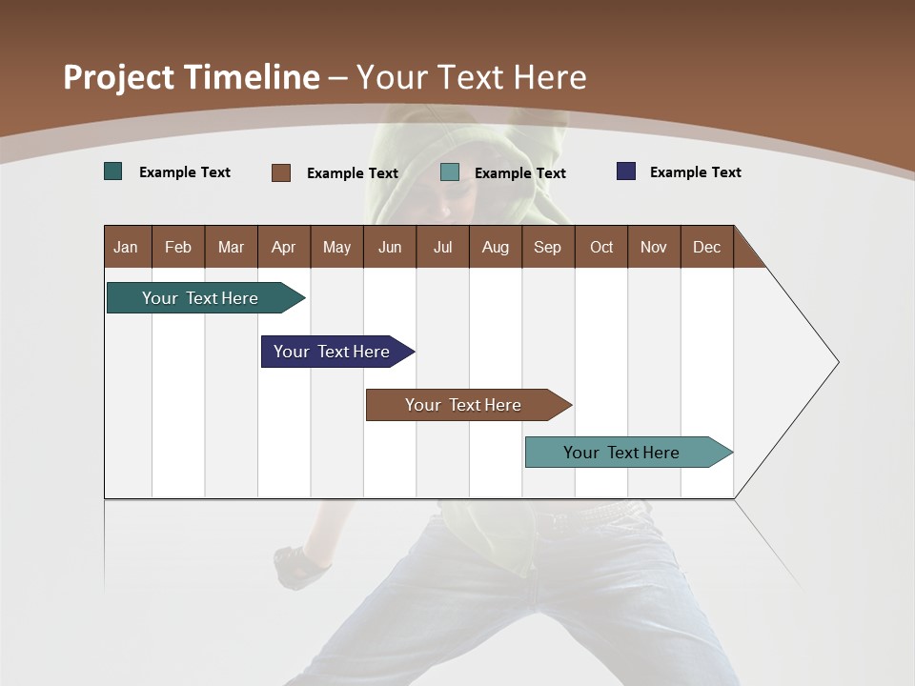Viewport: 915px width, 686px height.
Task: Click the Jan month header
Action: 127,247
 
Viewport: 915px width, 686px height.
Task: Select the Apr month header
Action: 284,247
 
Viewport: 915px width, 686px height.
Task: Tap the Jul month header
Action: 443,247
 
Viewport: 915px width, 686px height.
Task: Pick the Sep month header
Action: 548,247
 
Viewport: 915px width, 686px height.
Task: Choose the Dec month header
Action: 707,247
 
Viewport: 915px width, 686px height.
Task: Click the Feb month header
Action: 178,247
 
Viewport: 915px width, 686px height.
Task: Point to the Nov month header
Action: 654,247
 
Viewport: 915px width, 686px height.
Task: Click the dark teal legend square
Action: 113,171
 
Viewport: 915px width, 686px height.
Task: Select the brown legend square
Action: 281,172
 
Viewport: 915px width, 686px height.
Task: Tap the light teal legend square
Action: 450,172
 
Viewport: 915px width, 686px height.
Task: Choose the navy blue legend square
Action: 626,171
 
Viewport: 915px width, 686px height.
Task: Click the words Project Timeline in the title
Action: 191,77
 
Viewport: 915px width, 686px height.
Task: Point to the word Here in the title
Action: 550,77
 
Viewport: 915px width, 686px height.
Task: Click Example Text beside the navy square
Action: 695,172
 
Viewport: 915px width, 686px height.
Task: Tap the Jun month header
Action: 390,247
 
